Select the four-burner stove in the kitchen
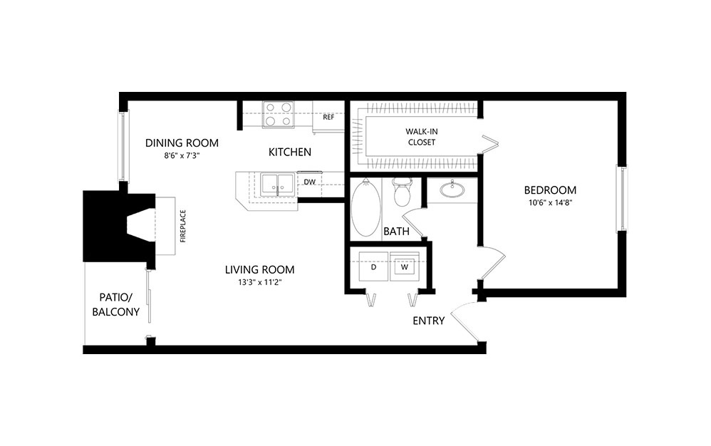pos(279,114)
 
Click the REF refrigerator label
pos(328,118)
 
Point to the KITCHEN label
pos(289,152)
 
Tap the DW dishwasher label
pos(309,182)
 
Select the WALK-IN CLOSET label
pos(420,137)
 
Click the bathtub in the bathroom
pos(366,207)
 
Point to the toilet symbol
pos(403,192)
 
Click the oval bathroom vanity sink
pos(452,190)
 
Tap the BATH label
pos(396,232)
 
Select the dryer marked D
pos(373,268)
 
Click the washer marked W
pos(405,268)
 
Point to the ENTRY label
pos(429,321)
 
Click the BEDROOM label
pos(550,190)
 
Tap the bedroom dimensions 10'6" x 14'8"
pos(550,203)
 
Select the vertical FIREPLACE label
pos(182,226)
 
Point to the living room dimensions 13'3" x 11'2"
pos(259,282)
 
